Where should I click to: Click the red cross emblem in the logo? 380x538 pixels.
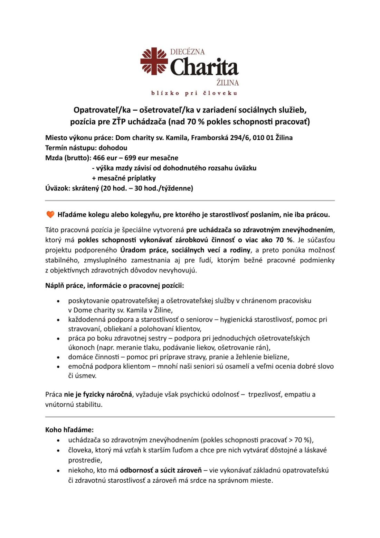pos(154,61)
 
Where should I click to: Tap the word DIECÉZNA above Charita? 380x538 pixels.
pos(187,52)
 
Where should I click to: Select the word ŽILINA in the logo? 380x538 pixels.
pos(228,83)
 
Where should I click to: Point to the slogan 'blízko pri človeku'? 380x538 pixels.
pos(194,93)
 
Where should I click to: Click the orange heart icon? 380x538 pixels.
pos(50,215)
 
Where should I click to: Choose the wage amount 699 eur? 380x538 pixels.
pos(136,158)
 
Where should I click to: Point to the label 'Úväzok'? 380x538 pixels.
pos(57,188)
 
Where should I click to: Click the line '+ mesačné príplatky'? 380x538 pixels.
pos(124,178)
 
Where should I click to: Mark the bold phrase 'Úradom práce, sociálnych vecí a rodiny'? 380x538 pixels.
pos(185,250)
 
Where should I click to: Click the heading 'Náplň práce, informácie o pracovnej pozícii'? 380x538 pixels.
pos(114,286)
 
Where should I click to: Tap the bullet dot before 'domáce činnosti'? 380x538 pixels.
pos(58,358)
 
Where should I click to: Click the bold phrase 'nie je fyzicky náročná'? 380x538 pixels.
pos(98,395)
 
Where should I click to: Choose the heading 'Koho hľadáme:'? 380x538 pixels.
pos(69,430)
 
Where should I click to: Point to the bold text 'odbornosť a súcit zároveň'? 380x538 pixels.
pos(161,471)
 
